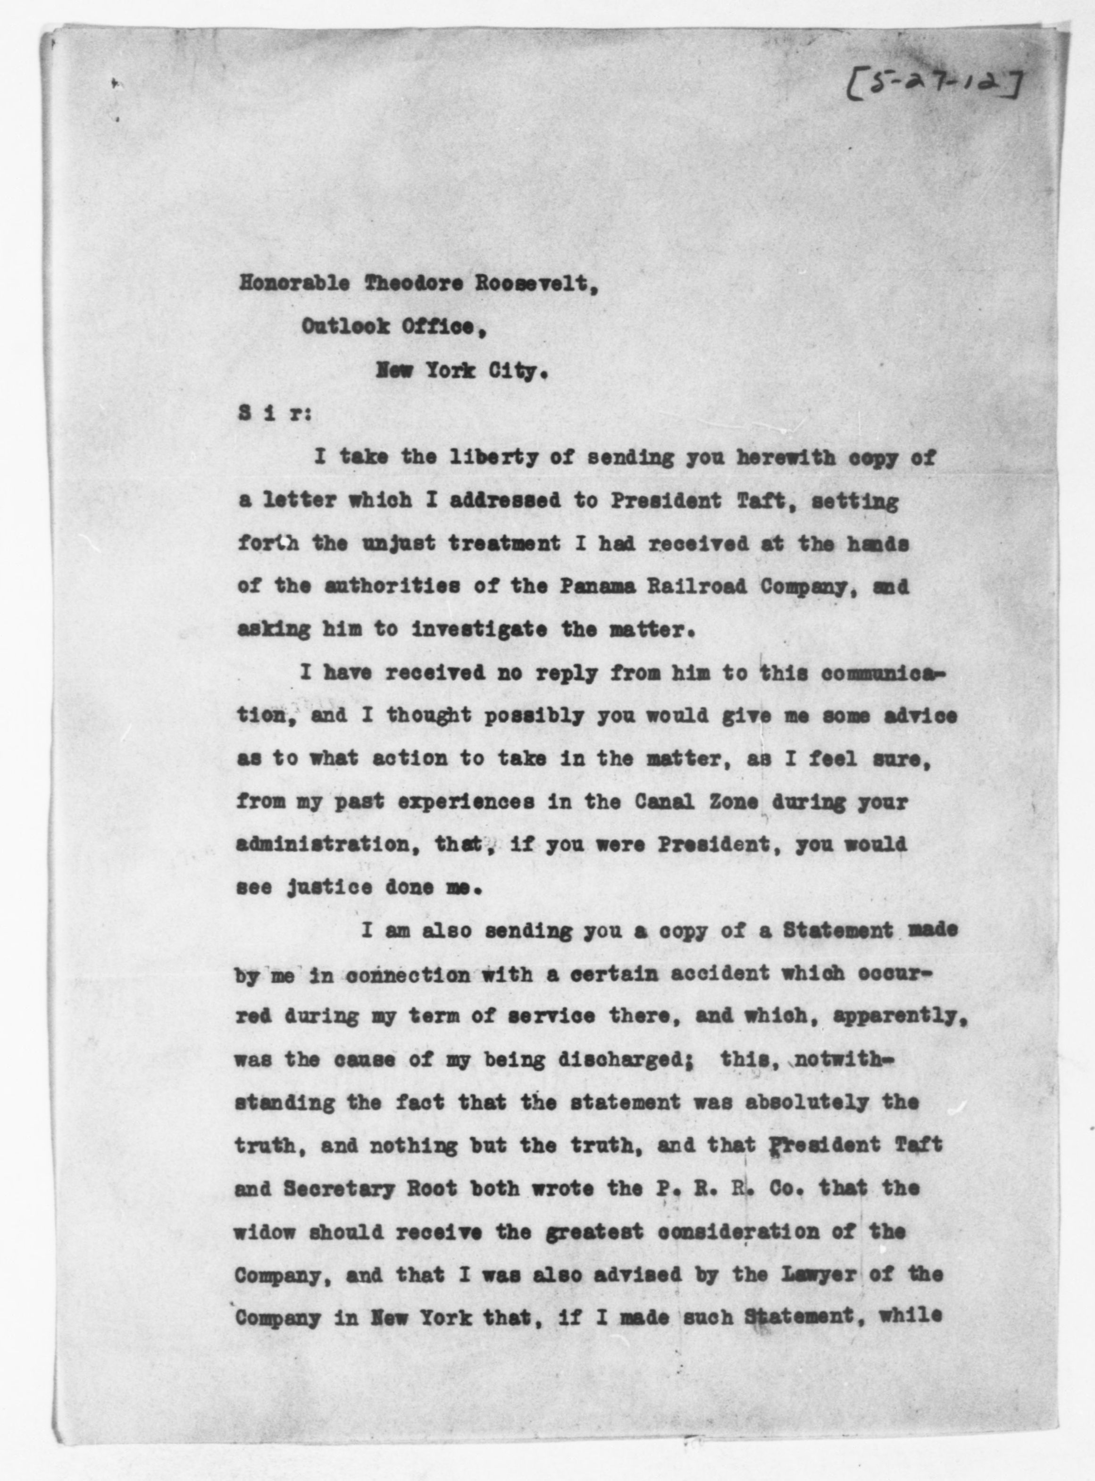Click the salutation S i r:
coord(268,414)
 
